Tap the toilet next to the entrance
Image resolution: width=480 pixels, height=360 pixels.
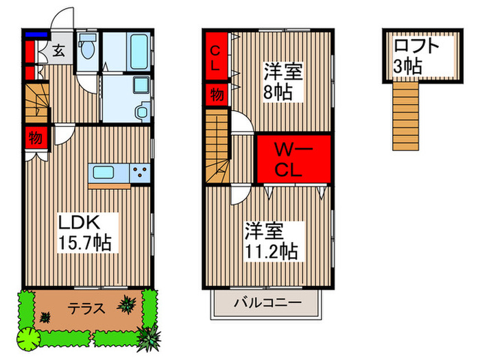[86, 50]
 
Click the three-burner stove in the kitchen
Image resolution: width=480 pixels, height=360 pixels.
[140, 172]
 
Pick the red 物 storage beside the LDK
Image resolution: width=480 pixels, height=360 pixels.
[36, 138]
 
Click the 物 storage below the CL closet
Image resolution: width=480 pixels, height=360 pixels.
[215, 94]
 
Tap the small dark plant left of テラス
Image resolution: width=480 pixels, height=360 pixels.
[45, 317]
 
